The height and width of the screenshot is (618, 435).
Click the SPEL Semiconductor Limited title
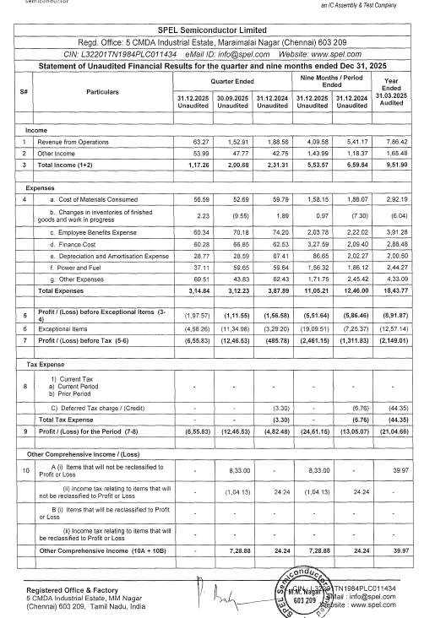[218, 31]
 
